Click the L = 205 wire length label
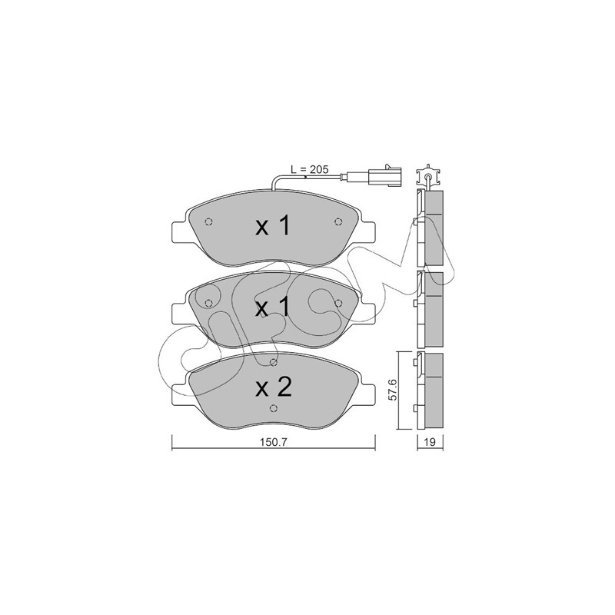tap(310, 169)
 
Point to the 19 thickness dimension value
tap(430, 442)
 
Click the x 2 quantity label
tap(274, 387)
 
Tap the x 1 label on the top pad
tap(273, 227)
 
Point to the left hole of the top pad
tap(208, 222)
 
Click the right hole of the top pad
tap(338, 222)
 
